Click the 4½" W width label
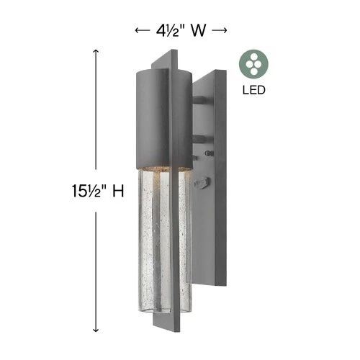(x=181, y=30)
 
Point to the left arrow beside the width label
(x=142, y=30)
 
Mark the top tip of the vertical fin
(x=173, y=52)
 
